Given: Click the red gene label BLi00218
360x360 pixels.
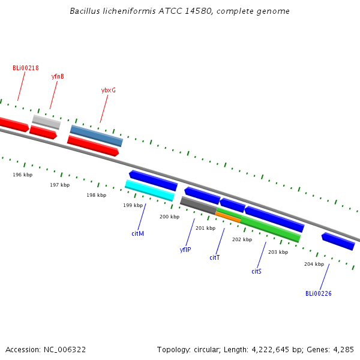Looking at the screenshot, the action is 26,68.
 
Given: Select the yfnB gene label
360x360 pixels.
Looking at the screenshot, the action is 58,76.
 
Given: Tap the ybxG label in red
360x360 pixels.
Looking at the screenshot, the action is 109,90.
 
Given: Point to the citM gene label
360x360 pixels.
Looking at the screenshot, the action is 138,233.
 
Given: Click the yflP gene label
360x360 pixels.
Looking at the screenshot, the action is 185,250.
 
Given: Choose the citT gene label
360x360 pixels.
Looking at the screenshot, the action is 215,257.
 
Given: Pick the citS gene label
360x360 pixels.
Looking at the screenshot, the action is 256,271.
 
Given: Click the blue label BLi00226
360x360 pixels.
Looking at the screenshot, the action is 319,293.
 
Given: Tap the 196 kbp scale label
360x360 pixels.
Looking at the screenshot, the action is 23,175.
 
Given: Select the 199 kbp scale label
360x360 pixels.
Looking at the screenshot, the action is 133,205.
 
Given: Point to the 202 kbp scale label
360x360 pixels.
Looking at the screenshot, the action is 242,239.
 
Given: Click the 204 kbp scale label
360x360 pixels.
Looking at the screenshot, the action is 314,264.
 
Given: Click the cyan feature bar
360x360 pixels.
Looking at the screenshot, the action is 149,191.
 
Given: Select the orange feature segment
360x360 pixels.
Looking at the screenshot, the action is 228,217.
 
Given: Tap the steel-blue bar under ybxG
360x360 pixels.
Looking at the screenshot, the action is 97,136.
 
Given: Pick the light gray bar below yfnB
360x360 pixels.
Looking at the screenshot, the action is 47,122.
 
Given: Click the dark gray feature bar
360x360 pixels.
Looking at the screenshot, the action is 199,205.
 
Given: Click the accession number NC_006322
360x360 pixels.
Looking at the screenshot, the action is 65,350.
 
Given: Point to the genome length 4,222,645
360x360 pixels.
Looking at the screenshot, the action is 270,350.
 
